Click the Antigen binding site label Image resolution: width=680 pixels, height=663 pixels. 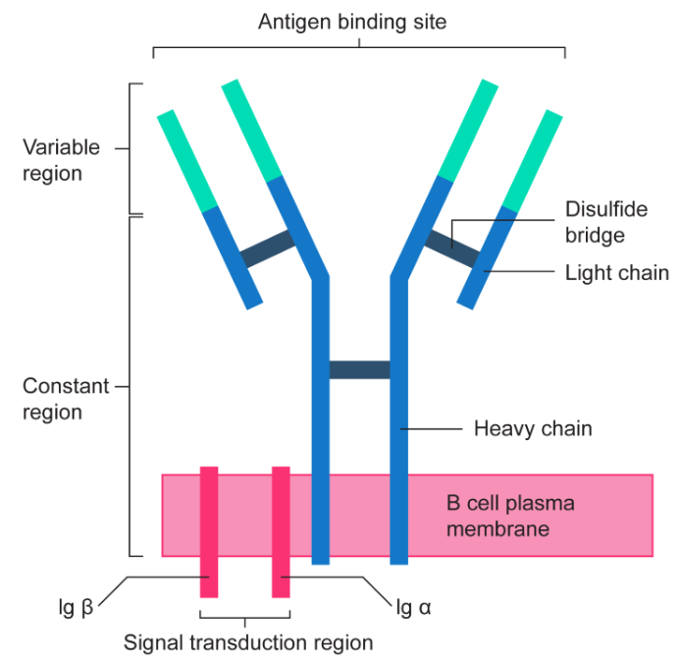[351, 21]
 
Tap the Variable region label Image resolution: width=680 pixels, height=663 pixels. [61, 160]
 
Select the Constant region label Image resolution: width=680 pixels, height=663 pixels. [65, 399]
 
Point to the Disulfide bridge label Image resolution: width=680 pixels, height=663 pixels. [595, 222]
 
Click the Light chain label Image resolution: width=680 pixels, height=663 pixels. [617, 272]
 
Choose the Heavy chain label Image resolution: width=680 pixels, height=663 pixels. [532, 429]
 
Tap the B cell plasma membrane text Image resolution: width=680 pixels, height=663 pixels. [510, 516]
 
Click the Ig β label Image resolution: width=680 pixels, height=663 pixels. [74, 607]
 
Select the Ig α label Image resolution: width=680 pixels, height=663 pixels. [413, 607]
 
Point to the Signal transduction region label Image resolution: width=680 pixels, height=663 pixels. [248, 643]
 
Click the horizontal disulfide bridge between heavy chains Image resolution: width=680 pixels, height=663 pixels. [359, 369]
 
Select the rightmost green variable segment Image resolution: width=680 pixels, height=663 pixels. [535, 160]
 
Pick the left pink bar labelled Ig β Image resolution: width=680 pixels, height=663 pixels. [209, 531]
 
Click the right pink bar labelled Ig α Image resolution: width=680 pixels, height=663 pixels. [281, 531]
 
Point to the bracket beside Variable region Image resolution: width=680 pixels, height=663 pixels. [132, 148]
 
